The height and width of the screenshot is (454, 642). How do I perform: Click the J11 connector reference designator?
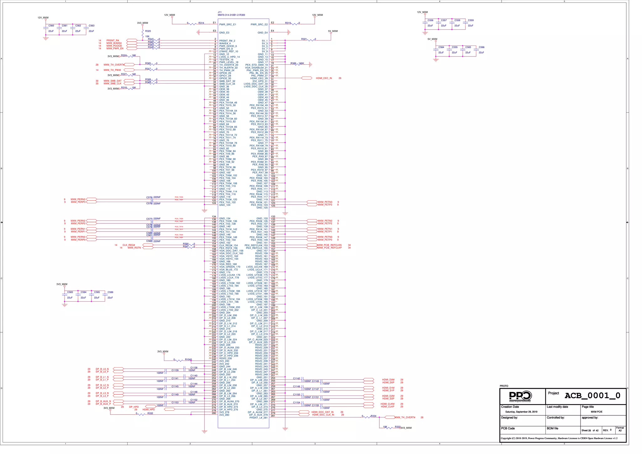pos(220,12)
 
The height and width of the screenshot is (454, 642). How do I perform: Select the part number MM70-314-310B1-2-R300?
pos(231,15)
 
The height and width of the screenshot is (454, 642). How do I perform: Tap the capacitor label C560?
pos(51,26)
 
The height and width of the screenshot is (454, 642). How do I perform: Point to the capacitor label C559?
pos(471,20)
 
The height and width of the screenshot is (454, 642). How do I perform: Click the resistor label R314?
pos(201,23)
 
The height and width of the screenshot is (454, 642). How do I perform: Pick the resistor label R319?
pos(288,23)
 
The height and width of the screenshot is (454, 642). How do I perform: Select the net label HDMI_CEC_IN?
pos(324,78)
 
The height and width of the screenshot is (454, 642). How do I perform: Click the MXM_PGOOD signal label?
pos(114,46)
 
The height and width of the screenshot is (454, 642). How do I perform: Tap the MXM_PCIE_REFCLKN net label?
pos(329,245)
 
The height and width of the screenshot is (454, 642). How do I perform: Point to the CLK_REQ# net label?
pos(129,245)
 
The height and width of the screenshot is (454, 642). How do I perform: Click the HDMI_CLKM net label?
pos(387,404)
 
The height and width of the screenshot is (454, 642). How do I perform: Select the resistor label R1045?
pos(188,360)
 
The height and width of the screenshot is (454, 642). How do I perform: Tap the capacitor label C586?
pos(110,292)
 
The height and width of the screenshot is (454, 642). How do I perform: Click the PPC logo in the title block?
pos(520,396)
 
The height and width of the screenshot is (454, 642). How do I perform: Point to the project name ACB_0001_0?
pos(592,396)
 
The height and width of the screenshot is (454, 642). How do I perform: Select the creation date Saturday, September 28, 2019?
pos(521,412)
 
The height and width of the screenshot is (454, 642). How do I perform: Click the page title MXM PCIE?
pos(597,412)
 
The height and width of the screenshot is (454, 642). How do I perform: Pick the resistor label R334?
pos(373,416)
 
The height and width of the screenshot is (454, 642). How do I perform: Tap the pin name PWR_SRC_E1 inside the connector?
pos(228,24)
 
